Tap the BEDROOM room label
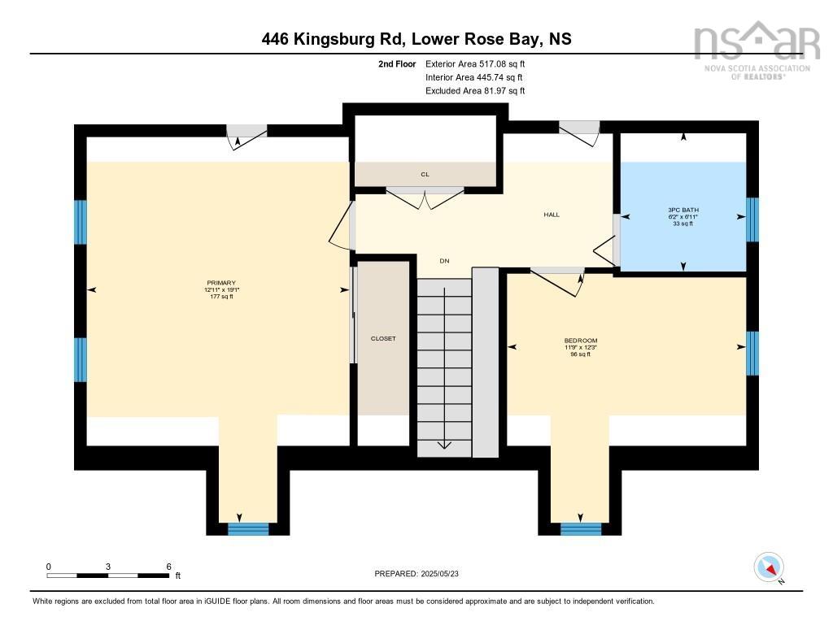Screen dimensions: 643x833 point(581,340)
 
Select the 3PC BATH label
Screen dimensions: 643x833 point(683,210)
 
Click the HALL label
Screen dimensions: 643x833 point(552,215)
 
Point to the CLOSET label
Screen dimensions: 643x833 point(383,338)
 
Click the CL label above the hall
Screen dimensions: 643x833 point(425,174)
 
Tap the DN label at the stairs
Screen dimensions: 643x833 point(444,261)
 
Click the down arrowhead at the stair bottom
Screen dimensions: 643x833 point(444,445)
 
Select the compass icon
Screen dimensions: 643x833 point(769,567)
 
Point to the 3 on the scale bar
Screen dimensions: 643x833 point(107,567)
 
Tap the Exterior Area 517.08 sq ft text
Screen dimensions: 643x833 point(475,63)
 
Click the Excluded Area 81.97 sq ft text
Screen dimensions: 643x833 point(475,91)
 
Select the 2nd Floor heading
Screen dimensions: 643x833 point(397,63)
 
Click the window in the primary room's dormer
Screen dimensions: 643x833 point(248,528)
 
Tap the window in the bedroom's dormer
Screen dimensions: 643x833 point(581,528)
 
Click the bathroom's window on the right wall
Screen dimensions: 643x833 point(752,219)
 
